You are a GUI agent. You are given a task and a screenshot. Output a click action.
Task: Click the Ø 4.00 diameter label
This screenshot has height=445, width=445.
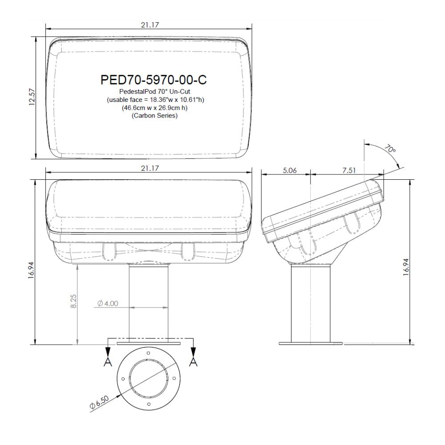(107, 303)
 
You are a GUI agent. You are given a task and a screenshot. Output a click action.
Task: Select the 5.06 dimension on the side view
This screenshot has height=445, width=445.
(290, 170)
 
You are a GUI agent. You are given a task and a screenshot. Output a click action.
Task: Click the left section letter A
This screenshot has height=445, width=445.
(107, 362)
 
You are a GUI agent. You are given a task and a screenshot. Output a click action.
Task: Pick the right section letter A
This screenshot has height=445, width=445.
(193, 362)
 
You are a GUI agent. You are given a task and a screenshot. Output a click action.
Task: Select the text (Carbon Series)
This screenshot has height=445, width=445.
(154, 116)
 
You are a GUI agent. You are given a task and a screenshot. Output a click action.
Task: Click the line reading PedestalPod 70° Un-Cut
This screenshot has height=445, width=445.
(154, 91)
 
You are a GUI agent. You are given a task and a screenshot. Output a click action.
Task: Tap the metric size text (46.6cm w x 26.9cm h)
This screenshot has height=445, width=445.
(154, 108)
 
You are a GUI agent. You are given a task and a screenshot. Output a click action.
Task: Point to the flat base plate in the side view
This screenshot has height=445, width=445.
(311, 343)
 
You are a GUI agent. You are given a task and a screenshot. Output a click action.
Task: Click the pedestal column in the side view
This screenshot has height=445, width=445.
(310, 303)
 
